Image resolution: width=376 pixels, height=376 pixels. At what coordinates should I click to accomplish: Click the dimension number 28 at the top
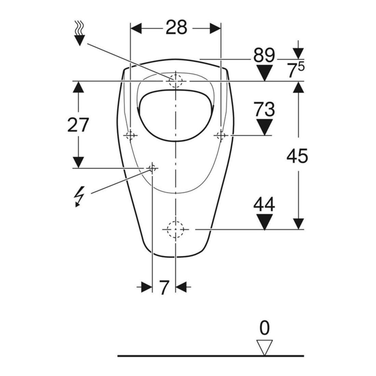click(x=176, y=27)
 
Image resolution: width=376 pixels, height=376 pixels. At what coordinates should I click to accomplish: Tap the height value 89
click(x=264, y=56)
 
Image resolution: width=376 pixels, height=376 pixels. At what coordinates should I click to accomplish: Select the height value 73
click(x=264, y=109)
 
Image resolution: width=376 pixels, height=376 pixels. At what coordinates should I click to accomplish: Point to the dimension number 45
click(x=297, y=156)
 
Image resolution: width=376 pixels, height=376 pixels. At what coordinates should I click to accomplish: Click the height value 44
click(x=264, y=204)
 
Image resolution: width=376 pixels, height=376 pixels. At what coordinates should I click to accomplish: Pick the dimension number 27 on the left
click(x=78, y=125)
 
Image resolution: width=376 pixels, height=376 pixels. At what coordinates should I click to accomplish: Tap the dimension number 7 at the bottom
click(x=164, y=287)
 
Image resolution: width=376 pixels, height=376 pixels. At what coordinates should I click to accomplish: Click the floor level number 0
click(x=265, y=328)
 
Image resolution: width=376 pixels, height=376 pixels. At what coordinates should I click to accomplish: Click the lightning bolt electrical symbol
click(x=79, y=196)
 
